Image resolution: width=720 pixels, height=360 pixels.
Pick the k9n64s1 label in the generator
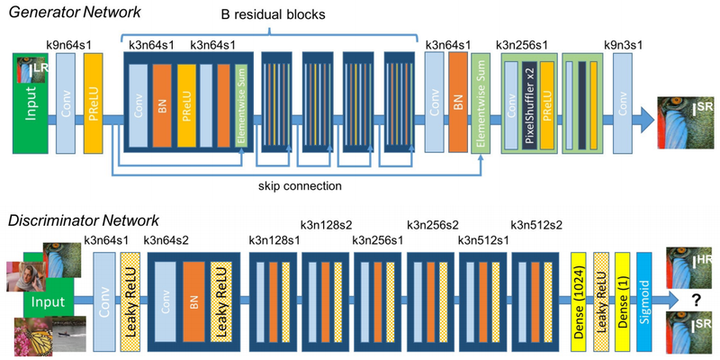click(x=69, y=41)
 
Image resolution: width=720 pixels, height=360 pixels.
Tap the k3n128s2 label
click(x=326, y=225)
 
